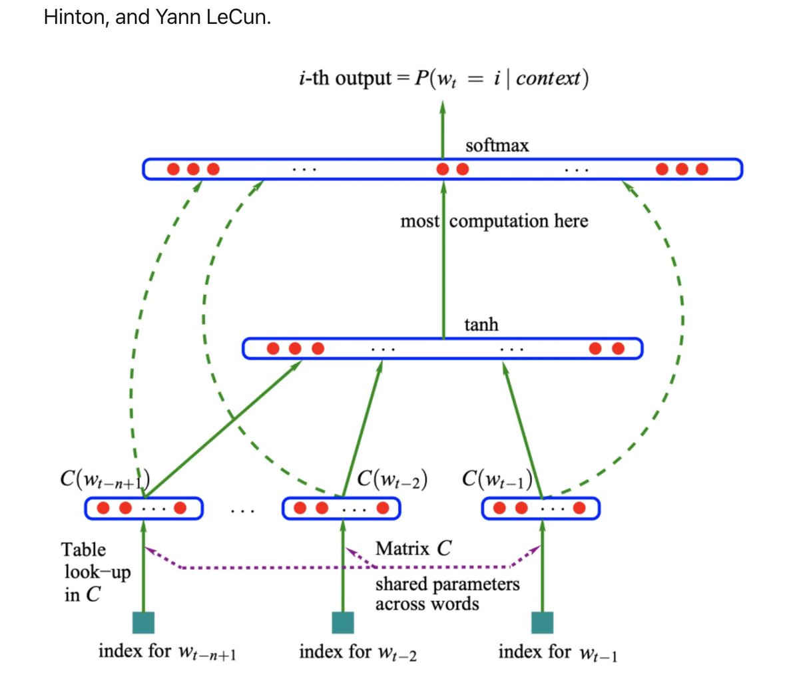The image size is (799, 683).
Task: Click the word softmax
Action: pyautogui.click(x=497, y=145)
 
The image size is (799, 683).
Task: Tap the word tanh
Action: pyautogui.click(x=481, y=324)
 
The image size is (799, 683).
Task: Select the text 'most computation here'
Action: pyautogui.click(x=494, y=221)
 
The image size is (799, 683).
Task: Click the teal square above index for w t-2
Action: pyautogui.click(x=343, y=622)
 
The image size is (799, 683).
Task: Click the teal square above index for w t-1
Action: pyautogui.click(x=542, y=622)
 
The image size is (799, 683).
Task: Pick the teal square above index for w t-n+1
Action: pyautogui.click(x=143, y=622)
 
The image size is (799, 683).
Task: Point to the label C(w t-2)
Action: pyautogui.click(x=392, y=479)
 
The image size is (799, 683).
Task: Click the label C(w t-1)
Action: pyautogui.click(x=497, y=479)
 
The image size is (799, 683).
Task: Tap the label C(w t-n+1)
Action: pyautogui.click(x=105, y=479)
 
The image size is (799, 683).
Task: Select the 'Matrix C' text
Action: pyautogui.click(x=413, y=549)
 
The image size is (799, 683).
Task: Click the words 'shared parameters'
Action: pyautogui.click(x=447, y=584)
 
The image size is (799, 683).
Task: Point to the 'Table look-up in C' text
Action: pyautogui.click(x=96, y=572)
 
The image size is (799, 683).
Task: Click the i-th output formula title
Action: pyautogui.click(x=443, y=79)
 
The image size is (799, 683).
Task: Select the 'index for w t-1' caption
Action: pyautogui.click(x=558, y=652)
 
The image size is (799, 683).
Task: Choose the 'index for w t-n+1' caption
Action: pyautogui.click(x=167, y=652)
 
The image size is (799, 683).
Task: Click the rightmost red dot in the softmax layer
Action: pyautogui.click(x=701, y=169)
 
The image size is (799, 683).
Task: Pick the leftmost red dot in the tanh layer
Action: pyautogui.click(x=273, y=348)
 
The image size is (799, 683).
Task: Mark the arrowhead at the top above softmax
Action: pyautogui.click(x=442, y=106)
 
